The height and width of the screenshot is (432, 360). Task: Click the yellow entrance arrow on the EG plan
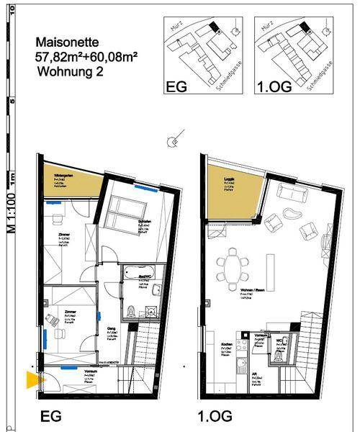click(32, 380)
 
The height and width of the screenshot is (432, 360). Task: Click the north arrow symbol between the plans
click(171, 140)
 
